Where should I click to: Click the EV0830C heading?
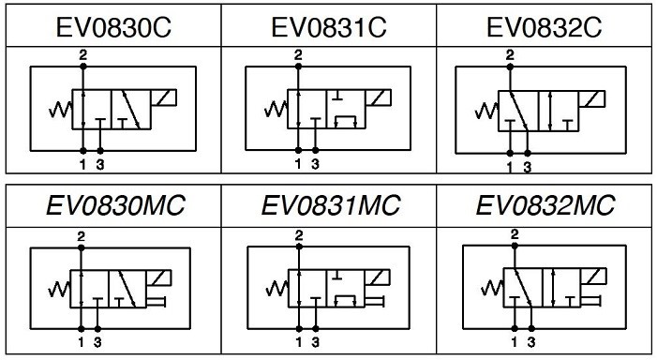pos(113,28)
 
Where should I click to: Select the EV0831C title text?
pos(329,28)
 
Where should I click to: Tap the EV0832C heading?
pos(545,28)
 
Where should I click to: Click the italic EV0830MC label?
pos(115,205)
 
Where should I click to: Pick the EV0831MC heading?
pos(331,205)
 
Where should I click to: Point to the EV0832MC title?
pos(545,205)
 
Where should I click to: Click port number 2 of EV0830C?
pos(83,54)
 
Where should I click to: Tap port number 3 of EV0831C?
pos(316,164)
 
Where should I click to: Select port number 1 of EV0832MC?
pos(515,342)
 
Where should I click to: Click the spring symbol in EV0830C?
pos(61,110)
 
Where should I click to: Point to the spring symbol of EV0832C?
pos(486,111)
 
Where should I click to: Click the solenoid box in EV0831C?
pos(379,97)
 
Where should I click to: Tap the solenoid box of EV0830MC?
pos(158,277)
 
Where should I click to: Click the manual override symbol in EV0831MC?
pos(375,301)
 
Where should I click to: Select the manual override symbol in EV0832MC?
pos(591,301)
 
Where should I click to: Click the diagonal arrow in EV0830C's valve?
pos(131,110)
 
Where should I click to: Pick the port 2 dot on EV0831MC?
pos(299,247)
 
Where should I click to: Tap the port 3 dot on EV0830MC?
pos(97,329)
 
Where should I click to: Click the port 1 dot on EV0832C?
pos(510,154)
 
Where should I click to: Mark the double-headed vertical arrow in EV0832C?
pos(550,111)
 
